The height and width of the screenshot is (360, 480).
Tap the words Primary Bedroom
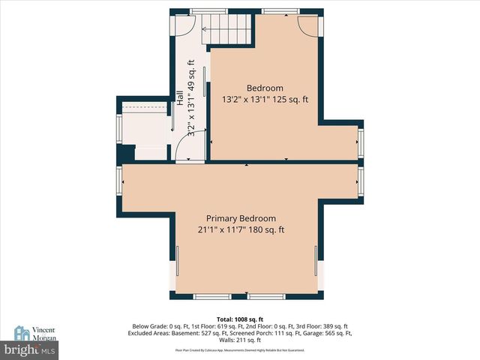pos(241,218)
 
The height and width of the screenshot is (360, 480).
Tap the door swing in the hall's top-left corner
pos(184,25)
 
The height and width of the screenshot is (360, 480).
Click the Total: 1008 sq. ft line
pos(241,319)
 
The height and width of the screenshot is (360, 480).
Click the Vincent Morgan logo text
pos(43,333)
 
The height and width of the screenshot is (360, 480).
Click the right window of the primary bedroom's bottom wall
pos(267,297)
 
